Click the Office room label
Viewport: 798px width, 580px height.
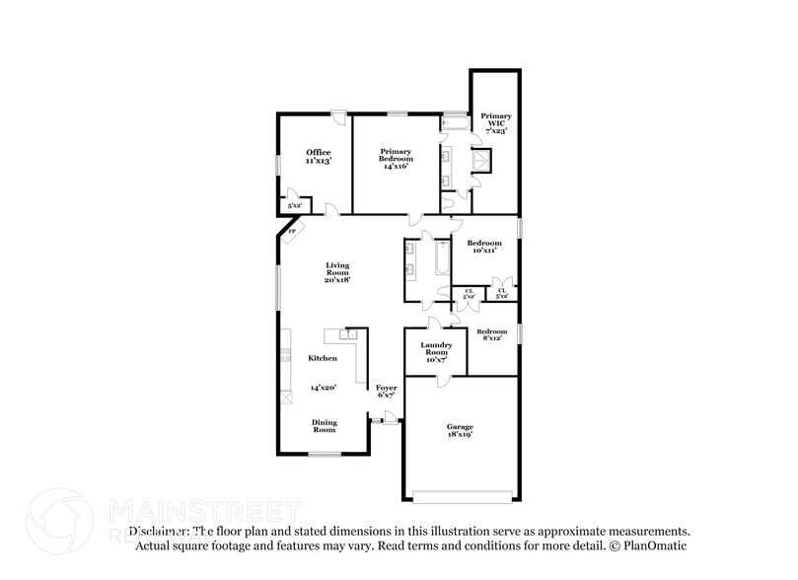318,152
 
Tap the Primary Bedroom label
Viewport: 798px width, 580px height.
396,156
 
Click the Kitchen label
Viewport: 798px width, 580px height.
323,358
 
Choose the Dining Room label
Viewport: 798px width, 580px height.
324,426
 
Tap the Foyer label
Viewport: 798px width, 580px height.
387,388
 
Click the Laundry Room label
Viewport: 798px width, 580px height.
436,348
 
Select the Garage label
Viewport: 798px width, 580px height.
458,426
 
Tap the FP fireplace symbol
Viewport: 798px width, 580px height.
292,232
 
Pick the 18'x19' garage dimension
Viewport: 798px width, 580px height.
458,434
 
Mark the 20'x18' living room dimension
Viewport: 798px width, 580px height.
337,280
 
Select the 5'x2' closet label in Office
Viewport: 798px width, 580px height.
294,205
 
